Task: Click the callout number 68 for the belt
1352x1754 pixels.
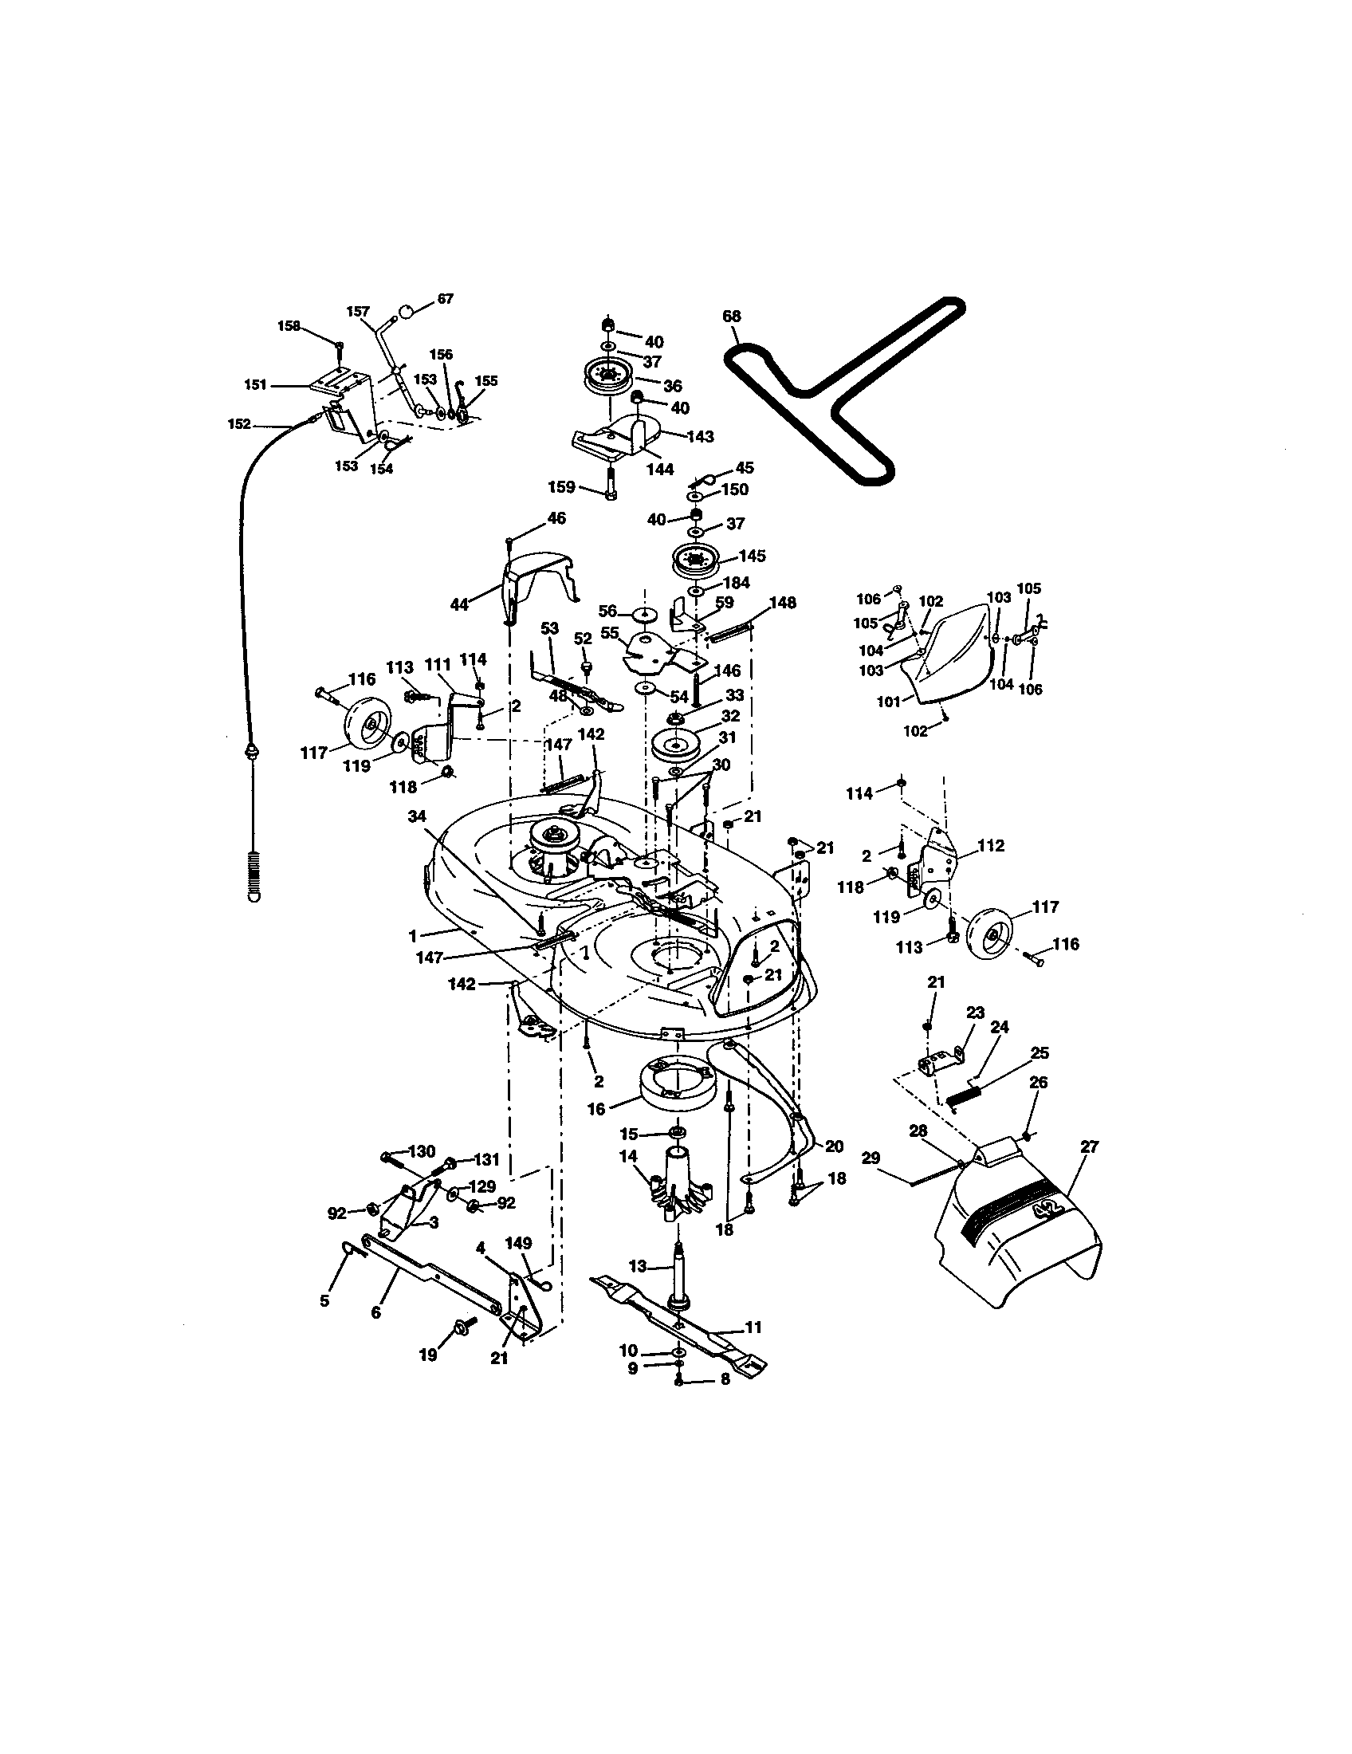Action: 730,316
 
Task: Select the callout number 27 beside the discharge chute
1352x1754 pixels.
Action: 1088,1146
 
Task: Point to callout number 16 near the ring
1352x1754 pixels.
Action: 595,1109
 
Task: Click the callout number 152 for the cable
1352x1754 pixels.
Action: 239,424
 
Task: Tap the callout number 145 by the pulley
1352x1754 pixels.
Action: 753,556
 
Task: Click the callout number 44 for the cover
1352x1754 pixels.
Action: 458,605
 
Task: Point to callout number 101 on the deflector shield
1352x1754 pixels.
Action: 888,701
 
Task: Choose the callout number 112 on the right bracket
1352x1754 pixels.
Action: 992,846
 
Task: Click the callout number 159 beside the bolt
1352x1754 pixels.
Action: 561,486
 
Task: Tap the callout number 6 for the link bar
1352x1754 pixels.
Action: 375,1312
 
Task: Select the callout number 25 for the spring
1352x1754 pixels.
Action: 1039,1053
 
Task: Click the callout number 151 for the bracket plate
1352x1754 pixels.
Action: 255,385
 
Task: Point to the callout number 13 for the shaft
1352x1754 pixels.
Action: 637,1267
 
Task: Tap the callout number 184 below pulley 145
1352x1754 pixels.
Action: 736,583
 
